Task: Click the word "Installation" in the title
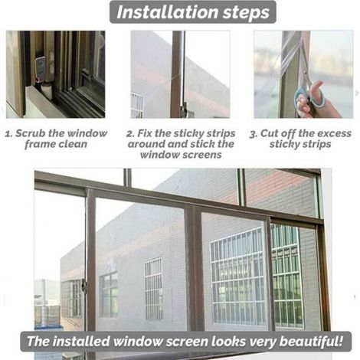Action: click(168, 12)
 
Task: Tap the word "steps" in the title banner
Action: click(247, 13)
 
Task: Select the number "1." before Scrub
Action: click(8, 134)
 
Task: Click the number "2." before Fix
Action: click(130, 133)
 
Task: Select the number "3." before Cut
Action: click(254, 134)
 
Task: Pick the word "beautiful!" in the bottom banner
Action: click(312, 342)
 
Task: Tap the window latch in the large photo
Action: click(83, 286)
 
